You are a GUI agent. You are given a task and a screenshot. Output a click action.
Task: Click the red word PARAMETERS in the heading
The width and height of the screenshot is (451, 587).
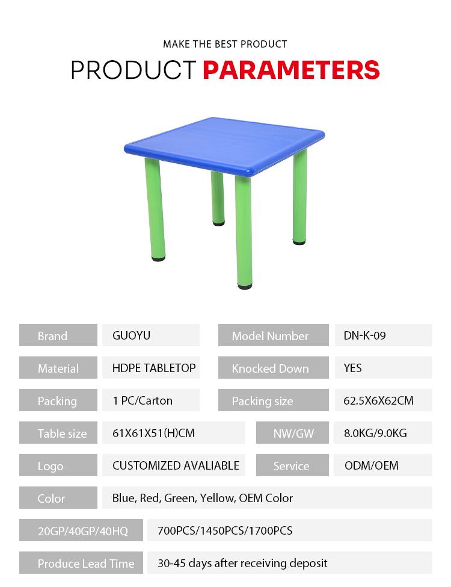pyautogui.click(x=291, y=70)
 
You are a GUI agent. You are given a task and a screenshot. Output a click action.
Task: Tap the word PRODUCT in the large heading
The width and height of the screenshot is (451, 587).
pyautogui.click(x=133, y=70)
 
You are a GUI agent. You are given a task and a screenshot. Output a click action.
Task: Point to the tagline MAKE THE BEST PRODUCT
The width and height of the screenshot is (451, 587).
pyautogui.click(x=225, y=44)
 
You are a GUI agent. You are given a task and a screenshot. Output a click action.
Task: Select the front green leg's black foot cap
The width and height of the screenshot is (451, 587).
pyautogui.click(x=245, y=287)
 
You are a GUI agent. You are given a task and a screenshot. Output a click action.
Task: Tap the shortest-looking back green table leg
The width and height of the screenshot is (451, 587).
pyautogui.click(x=218, y=197)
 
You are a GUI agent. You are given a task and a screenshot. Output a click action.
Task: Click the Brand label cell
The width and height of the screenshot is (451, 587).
pyautogui.click(x=58, y=335)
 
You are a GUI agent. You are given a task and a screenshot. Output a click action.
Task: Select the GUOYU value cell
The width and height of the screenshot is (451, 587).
pyautogui.click(x=151, y=335)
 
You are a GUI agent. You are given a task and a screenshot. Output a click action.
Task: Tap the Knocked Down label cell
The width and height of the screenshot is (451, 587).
pyautogui.click(x=274, y=368)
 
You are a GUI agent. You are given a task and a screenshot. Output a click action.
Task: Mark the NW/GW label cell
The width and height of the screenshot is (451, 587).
pyautogui.click(x=292, y=433)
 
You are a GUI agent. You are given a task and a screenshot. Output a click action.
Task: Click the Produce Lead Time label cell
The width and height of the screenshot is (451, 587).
pyautogui.click(x=81, y=563)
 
